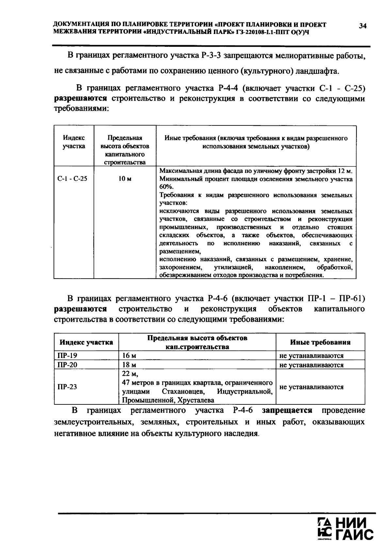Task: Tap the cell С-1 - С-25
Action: (x=73, y=179)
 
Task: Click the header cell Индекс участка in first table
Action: (x=74, y=142)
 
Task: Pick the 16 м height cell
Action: (x=129, y=356)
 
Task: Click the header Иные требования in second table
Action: (x=320, y=342)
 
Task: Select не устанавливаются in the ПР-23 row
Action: (x=311, y=387)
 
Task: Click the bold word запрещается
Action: (x=287, y=410)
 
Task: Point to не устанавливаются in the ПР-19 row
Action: (x=311, y=356)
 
